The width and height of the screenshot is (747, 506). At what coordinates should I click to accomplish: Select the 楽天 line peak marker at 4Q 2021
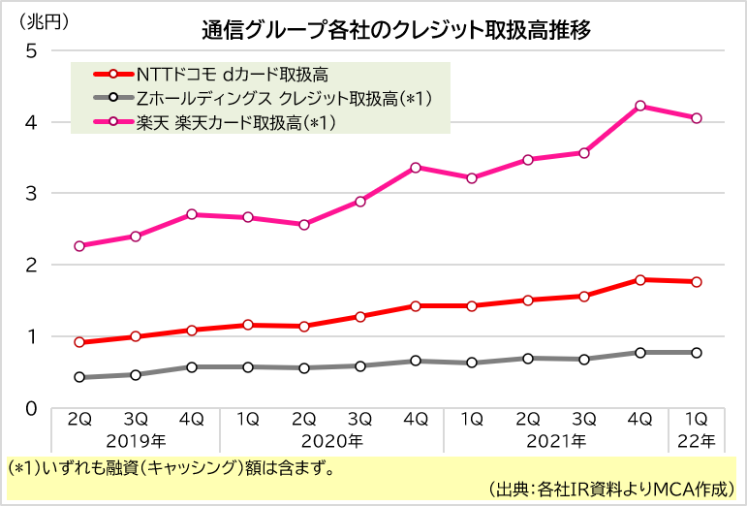[639, 106]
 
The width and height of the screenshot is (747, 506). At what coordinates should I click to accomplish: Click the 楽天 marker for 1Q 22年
[696, 118]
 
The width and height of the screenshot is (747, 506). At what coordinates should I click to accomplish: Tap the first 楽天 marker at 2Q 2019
[79, 246]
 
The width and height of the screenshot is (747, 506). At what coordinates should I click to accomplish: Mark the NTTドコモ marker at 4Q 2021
[639, 279]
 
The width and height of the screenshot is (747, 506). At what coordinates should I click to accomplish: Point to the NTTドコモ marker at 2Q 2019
[79, 342]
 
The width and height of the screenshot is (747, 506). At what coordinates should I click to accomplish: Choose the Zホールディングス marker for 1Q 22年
[696, 353]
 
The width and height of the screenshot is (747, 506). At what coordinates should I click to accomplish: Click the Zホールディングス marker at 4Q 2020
[416, 361]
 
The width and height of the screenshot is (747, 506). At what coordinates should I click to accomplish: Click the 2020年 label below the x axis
[331, 441]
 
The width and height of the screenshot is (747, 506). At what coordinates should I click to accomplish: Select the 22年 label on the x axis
[696, 441]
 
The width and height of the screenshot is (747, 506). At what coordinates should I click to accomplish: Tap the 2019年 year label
[136, 441]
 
